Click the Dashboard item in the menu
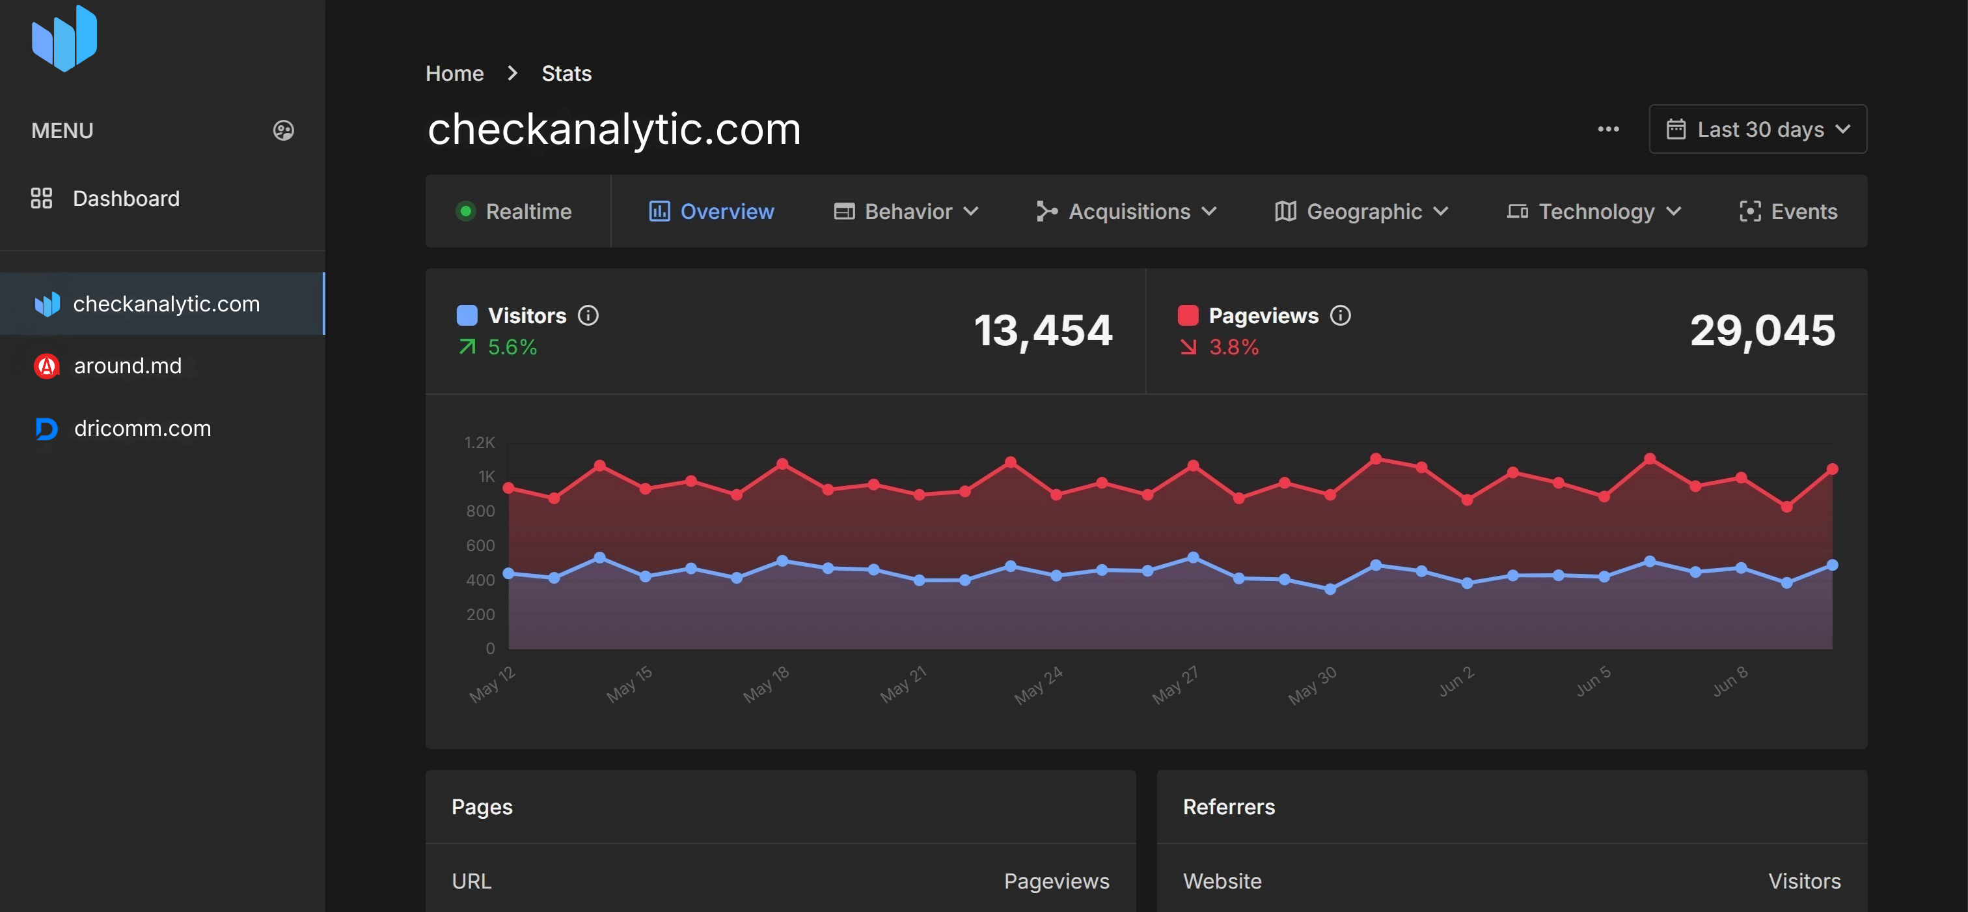point(126,199)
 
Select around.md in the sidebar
point(127,366)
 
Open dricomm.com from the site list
point(141,428)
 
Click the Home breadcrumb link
point(454,74)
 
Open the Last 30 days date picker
point(1757,129)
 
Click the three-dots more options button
point(1608,129)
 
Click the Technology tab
point(1594,212)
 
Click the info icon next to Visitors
point(588,316)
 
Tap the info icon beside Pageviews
point(1341,316)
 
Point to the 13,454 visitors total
point(1043,331)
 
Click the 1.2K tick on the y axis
point(479,442)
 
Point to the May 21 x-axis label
point(903,684)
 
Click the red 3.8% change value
point(1233,348)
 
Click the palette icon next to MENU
point(284,131)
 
